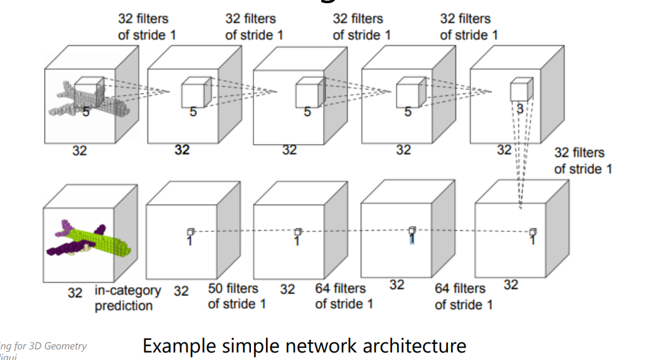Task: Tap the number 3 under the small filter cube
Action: pos(519,109)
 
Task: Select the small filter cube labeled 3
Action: pos(521,89)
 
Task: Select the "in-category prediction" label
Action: pos(127,298)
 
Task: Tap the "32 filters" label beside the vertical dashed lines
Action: pos(579,152)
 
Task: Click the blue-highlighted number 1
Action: pos(412,239)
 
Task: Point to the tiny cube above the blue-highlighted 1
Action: pos(412,230)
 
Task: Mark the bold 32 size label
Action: pos(182,150)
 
